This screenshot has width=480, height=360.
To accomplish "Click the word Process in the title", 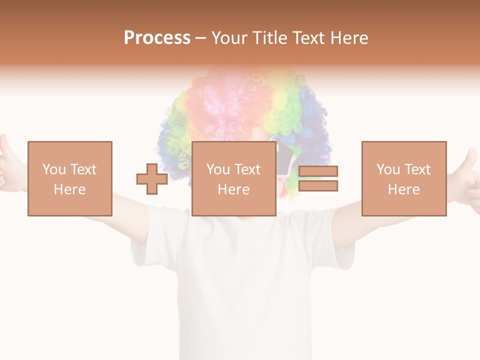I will click(x=157, y=38).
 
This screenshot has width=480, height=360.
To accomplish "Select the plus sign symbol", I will click(x=152, y=178).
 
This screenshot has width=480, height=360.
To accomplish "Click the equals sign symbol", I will click(x=318, y=178).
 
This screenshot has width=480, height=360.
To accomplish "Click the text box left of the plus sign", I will click(x=69, y=178).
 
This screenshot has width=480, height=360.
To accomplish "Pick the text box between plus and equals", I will click(x=233, y=178).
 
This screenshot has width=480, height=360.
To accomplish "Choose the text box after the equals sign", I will click(x=403, y=178).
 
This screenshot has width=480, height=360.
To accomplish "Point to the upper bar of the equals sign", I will click(x=318, y=171).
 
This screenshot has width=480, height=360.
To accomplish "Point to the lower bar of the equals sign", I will click(x=318, y=186).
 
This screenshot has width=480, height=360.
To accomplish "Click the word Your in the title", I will click(x=229, y=38).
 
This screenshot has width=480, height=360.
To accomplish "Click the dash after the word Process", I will click(x=201, y=38).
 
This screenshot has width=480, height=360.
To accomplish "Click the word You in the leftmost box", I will click(x=53, y=169).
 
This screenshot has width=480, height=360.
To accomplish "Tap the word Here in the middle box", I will click(x=233, y=189).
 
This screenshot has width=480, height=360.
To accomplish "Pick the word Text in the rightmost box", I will click(x=418, y=169).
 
